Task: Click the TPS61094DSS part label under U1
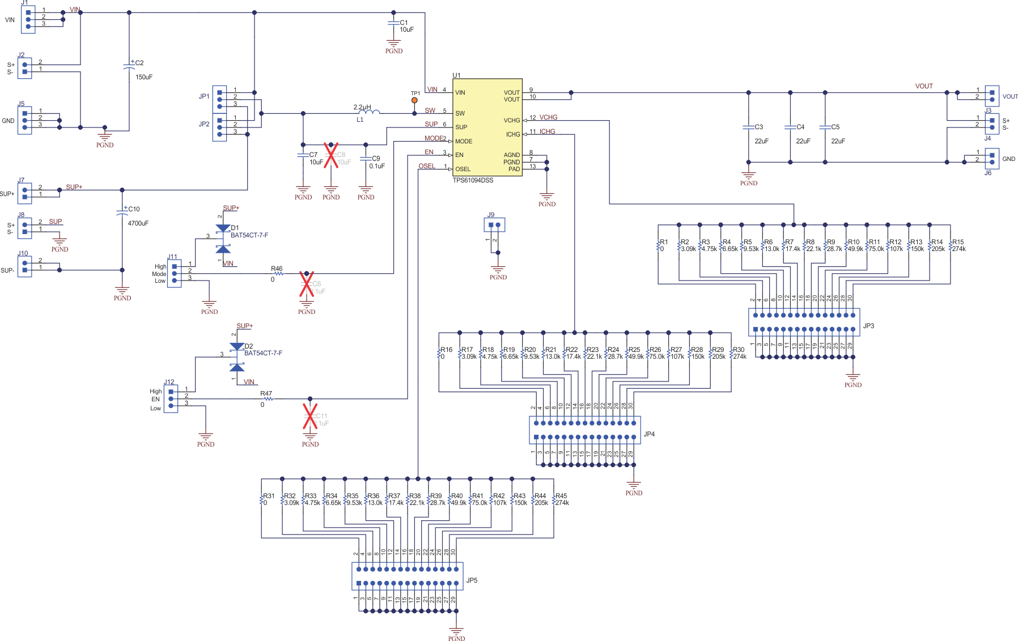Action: [473, 180]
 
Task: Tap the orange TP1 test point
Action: [414, 101]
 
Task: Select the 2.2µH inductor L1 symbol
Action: [369, 113]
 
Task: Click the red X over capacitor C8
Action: [331, 155]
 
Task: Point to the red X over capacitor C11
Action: [310, 416]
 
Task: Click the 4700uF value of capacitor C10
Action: [138, 223]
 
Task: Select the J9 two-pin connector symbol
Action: [494, 225]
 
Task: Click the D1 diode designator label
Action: [235, 228]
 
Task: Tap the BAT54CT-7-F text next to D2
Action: [263, 353]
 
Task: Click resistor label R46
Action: [277, 269]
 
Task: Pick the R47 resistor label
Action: [266, 393]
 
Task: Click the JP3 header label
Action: [868, 326]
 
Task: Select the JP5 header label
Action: [472, 580]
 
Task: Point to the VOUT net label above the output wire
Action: [924, 86]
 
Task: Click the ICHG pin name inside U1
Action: [513, 134]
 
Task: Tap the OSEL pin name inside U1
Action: [463, 169]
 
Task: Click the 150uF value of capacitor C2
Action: [144, 77]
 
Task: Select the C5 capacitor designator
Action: [835, 127]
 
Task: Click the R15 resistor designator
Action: [958, 242]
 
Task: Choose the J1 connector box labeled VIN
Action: [28, 20]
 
